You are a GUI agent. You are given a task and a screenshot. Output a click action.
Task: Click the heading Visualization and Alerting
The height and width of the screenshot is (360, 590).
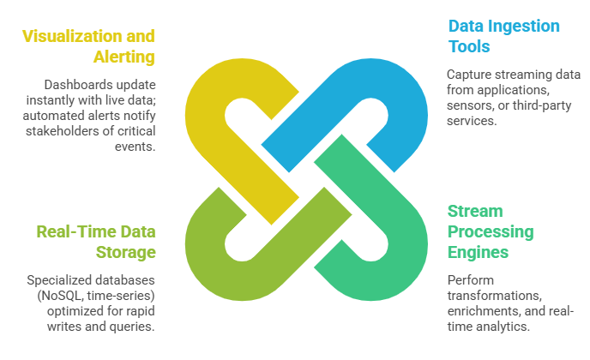(x=88, y=46)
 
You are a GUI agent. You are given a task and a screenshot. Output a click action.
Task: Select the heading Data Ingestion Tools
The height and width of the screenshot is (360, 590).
(x=503, y=36)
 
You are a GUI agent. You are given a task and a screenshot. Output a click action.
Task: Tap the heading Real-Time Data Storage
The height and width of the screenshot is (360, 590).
(x=96, y=241)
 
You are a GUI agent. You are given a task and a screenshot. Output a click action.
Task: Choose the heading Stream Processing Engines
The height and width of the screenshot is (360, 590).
(x=491, y=232)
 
